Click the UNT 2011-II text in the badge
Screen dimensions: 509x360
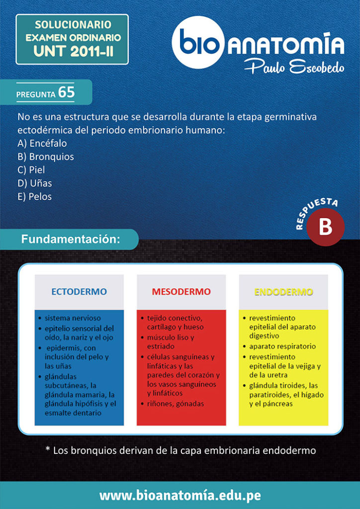(73, 51)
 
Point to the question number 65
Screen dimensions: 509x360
(66, 92)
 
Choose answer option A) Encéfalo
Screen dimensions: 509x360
(42, 143)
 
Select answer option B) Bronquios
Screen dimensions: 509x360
(46, 157)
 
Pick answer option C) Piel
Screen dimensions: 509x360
(31, 170)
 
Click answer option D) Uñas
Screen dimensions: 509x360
(35, 183)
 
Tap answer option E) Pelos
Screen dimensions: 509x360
(35, 196)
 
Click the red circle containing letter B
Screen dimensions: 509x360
(325, 227)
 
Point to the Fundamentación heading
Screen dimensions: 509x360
(71, 239)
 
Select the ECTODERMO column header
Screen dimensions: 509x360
(79, 292)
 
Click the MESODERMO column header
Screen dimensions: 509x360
(181, 292)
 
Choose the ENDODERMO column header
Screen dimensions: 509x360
(283, 292)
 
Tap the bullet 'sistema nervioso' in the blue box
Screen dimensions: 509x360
(73, 318)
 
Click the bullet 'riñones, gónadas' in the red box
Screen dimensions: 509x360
(175, 404)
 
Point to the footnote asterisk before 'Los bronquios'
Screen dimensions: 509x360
(48, 450)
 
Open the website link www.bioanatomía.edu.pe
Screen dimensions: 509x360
(180, 496)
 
